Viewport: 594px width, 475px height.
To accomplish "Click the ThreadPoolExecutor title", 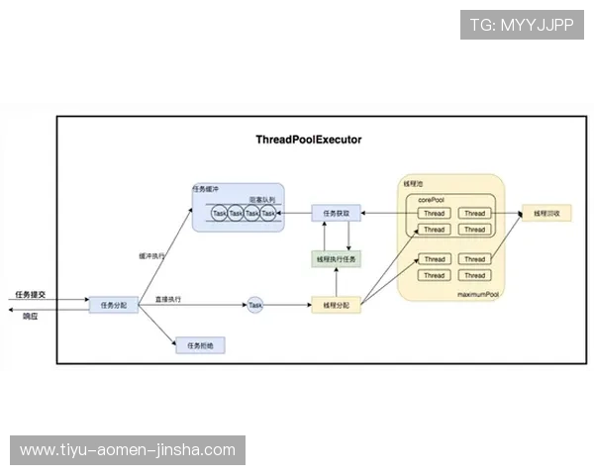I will pyautogui.click(x=308, y=140).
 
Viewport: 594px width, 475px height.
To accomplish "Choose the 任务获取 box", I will pyautogui.click(x=336, y=213).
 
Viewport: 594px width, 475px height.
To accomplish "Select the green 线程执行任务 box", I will pyautogui.click(x=336, y=259).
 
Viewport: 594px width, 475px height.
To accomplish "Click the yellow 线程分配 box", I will pyautogui.click(x=336, y=306).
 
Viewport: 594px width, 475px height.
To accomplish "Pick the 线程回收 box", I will pyautogui.click(x=546, y=213).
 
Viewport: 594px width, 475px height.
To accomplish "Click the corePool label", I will pyautogui.click(x=432, y=199).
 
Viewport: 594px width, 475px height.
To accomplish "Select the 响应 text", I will pyautogui.click(x=29, y=316).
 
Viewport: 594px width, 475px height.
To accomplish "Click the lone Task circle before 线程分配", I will pyautogui.click(x=255, y=306).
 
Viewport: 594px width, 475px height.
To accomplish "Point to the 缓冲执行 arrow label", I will pyautogui.click(x=150, y=255).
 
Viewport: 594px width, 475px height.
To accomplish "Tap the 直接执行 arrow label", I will pyautogui.click(x=167, y=299).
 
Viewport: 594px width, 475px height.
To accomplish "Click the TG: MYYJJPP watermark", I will pyautogui.click(x=522, y=24).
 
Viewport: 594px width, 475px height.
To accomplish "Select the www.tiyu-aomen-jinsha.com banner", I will pyautogui.click(x=128, y=450).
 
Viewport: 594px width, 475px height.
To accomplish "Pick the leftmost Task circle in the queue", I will pyautogui.click(x=220, y=213).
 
